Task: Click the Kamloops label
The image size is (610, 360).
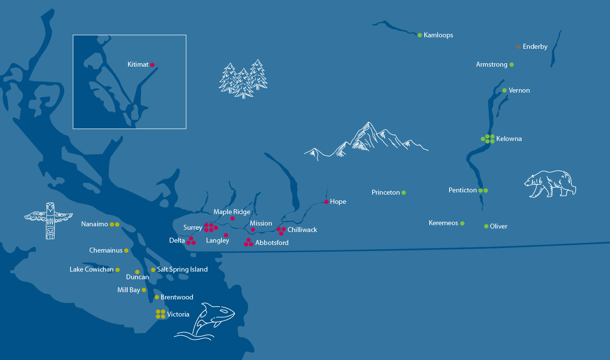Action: pos(438,35)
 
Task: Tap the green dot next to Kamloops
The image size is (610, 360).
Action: pos(420,35)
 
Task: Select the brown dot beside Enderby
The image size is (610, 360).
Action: pos(518,46)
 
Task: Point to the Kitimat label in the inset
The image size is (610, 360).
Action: pos(138,64)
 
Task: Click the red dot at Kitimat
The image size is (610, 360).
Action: pos(152,65)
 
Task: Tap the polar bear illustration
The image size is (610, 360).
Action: pos(550,184)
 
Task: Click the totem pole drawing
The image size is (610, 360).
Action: pos(50,220)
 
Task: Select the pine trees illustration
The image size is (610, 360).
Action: pos(243,79)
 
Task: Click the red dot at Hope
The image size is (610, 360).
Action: pos(326,202)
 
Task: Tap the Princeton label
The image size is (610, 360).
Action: pos(385,192)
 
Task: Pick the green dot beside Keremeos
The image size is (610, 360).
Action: pos(462,223)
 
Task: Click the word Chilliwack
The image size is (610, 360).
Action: pos(302,230)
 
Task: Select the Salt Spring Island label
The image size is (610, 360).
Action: pos(182,269)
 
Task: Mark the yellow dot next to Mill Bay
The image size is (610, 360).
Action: pos(144,290)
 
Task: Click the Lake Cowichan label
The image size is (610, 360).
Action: pos(91,269)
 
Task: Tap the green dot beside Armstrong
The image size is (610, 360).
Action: pos(512,65)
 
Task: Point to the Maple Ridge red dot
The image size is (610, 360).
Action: pos(233,218)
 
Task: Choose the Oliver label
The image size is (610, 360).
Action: pos(498,226)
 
